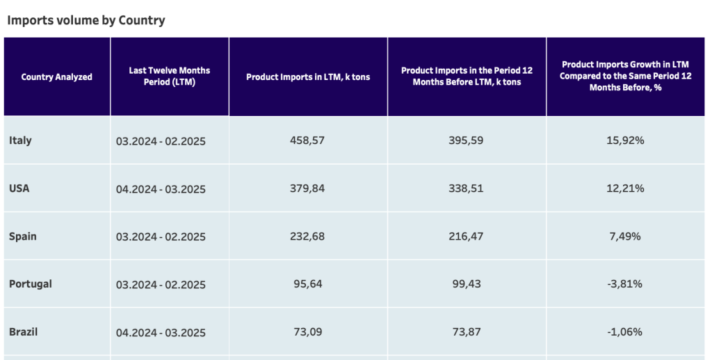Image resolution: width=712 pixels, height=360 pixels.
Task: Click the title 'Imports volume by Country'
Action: [x=86, y=20]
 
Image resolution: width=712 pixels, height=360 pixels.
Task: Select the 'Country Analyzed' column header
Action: [x=57, y=77]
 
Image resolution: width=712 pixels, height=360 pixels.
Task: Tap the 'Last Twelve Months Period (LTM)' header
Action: [x=170, y=76]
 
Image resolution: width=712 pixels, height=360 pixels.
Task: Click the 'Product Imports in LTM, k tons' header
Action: [x=308, y=77]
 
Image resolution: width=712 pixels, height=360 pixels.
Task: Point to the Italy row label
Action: [x=20, y=140]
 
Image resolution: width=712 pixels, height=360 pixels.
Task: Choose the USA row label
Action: [x=19, y=188]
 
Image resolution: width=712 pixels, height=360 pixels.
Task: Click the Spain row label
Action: [x=23, y=236]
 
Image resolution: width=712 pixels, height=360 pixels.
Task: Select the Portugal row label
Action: [x=31, y=284]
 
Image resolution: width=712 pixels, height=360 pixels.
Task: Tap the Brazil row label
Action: [x=24, y=332]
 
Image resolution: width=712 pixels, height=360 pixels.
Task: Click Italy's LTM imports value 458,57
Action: [x=307, y=140]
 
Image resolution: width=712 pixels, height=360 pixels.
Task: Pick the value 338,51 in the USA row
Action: [x=466, y=188]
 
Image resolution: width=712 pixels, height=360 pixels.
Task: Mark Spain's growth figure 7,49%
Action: [x=626, y=236]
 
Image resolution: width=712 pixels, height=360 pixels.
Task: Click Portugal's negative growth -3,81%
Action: [x=625, y=284]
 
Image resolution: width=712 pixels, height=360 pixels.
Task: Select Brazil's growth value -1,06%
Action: [x=625, y=332]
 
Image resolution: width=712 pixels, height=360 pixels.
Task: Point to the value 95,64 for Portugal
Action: [x=307, y=284]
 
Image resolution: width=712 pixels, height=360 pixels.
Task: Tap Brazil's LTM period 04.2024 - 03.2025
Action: [x=161, y=332]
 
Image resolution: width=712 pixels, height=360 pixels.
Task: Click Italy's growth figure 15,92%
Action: [x=626, y=140]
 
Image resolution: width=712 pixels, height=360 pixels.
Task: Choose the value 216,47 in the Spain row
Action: [x=466, y=236]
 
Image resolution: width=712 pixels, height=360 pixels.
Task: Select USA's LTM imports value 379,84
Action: [x=307, y=188]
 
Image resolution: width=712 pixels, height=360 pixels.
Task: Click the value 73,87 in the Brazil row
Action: [x=466, y=332]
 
